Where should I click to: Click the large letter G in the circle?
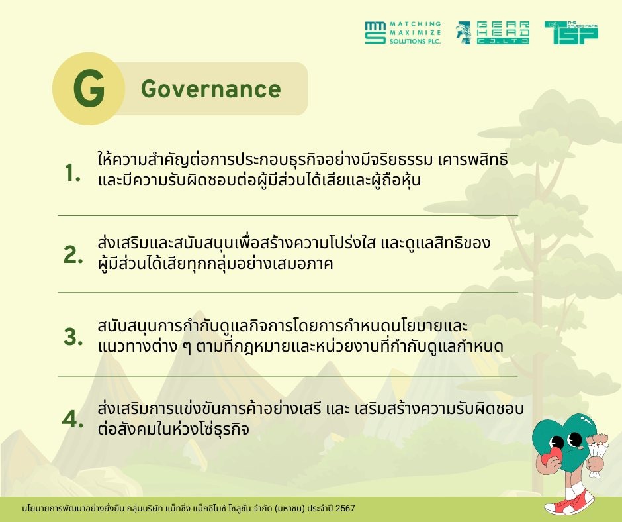click(x=89, y=88)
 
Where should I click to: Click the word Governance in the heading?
click(x=210, y=89)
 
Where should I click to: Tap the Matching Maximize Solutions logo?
click(x=403, y=32)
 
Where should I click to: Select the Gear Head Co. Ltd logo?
click(x=493, y=32)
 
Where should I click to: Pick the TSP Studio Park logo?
click(x=571, y=32)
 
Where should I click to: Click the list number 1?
click(x=73, y=173)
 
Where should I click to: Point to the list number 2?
click(x=73, y=254)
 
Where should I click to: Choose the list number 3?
click(x=73, y=337)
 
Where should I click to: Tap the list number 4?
click(x=73, y=419)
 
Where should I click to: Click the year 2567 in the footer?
click(x=345, y=509)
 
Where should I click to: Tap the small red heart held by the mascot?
click(x=551, y=458)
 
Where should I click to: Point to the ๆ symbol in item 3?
click(x=187, y=347)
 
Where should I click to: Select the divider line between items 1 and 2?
click(x=288, y=215)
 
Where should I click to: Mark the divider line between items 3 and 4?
click(x=288, y=376)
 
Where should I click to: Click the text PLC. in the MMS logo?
click(x=434, y=41)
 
